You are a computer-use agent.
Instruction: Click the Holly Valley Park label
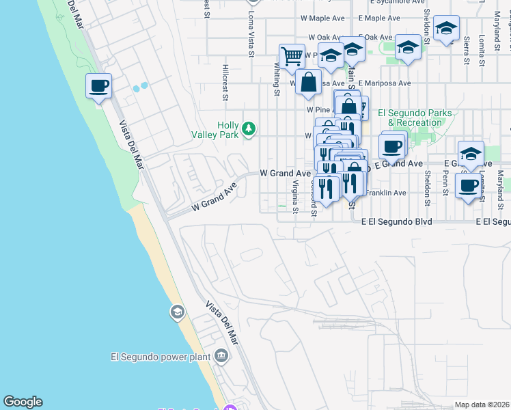(x=228, y=130)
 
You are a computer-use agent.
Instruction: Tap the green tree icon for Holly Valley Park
(x=250, y=128)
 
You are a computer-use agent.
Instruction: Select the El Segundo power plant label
(x=161, y=356)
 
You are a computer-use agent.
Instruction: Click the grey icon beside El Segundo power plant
(x=221, y=355)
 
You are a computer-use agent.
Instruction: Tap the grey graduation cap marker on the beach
(x=177, y=312)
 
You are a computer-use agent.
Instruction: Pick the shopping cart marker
(x=292, y=56)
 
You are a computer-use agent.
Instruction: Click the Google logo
(x=23, y=402)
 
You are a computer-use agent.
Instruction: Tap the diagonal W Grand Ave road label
(x=214, y=195)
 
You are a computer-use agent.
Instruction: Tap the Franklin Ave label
(x=386, y=193)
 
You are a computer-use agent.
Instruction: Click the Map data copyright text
(x=482, y=405)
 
